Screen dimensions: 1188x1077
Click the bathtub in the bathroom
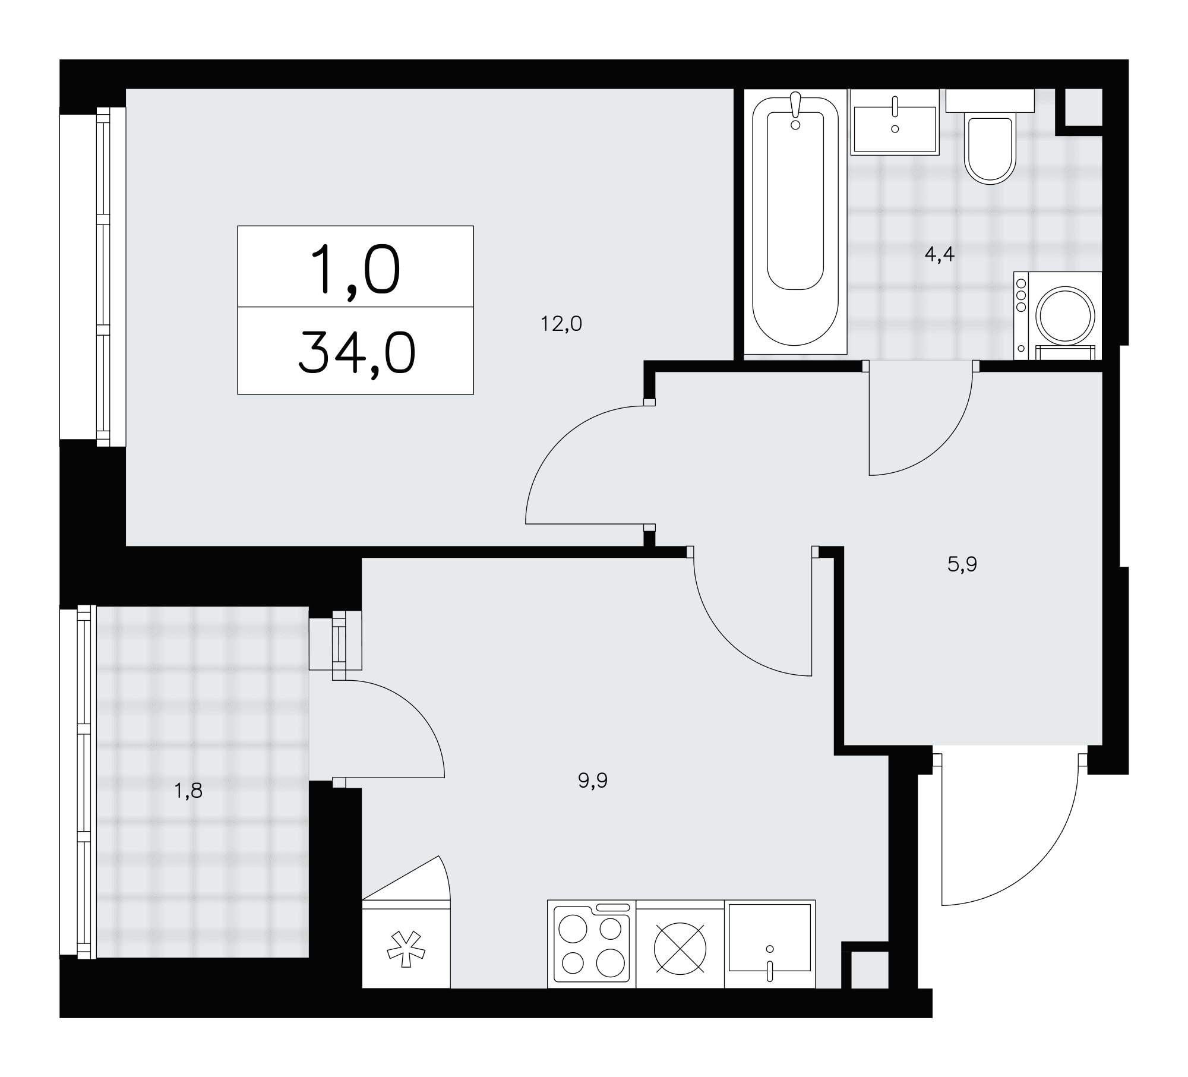pos(795,225)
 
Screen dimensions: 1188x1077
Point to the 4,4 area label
pos(939,254)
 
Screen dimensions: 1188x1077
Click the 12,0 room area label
pos(561,324)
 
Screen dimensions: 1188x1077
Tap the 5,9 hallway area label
pos(962,564)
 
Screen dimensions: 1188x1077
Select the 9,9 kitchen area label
pos(592,781)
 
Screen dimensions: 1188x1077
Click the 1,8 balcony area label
pos(188,791)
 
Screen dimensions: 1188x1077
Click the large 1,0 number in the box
pos(356,270)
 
